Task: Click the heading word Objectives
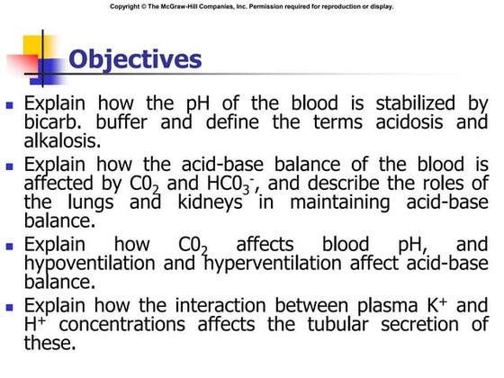pyautogui.click(x=136, y=59)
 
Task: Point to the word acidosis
pyautogui.click(x=391, y=124)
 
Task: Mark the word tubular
pyautogui.click(x=353, y=324)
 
